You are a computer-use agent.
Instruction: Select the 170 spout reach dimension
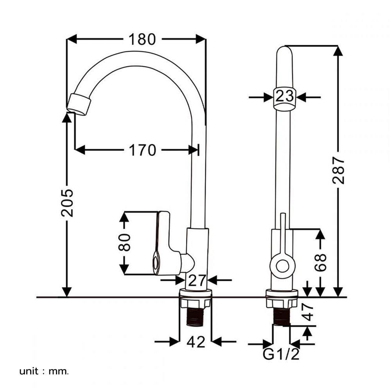[x=143, y=150]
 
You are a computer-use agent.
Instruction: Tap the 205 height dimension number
[x=67, y=203]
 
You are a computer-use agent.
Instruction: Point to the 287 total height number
[x=339, y=170]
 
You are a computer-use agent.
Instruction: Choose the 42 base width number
[x=195, y=343]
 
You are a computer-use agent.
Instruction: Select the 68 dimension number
[x=320, y=263]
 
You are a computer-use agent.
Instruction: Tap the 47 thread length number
[x=309, y=312]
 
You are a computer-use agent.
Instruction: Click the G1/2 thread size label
[x=281, y=355]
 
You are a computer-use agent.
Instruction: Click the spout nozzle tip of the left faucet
[x=79, y=105]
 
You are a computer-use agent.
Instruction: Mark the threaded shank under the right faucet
[x=282, y=316]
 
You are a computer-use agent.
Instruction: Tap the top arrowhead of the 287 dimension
[x=338, y=50]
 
